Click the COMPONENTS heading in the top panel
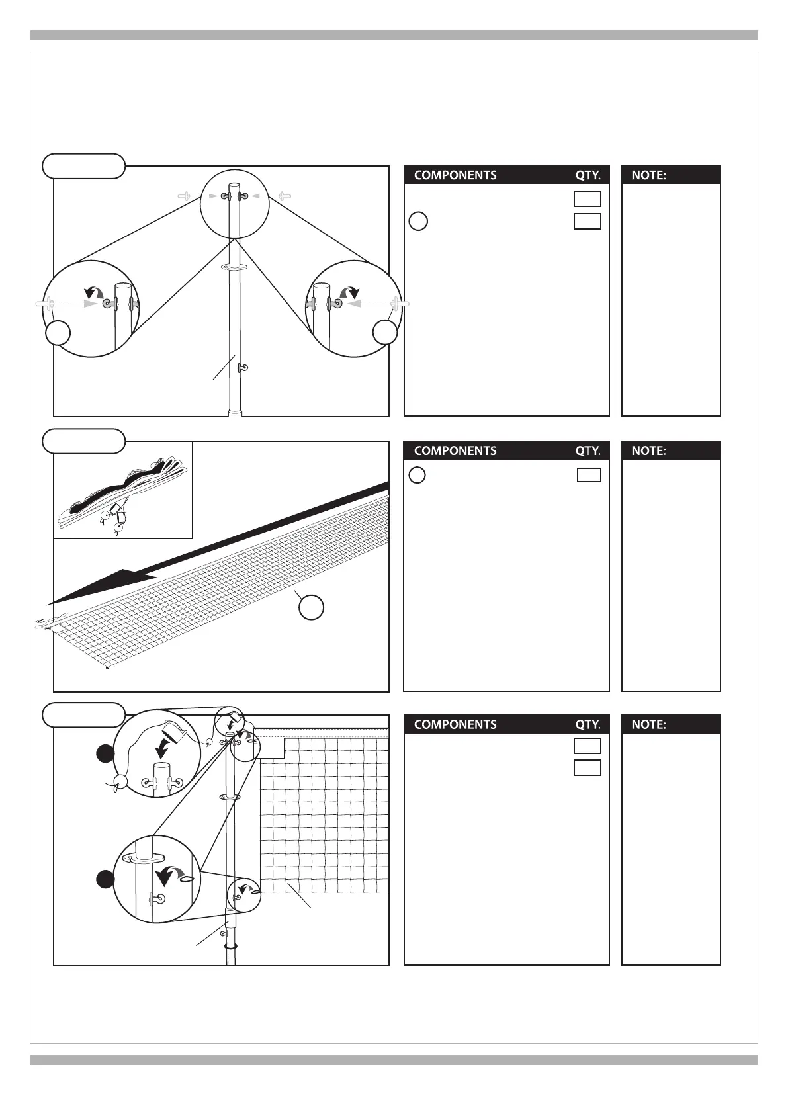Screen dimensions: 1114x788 (x=455, y=175)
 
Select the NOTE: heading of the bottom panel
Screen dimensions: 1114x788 (x=648, y=724)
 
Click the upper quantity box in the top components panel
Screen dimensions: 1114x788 (x=588, y=199)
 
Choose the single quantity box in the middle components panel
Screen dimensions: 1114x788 (x=589, y=475)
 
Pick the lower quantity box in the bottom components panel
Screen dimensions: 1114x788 (x=588, y=768)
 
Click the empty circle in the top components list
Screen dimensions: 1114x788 (x=418, y=221)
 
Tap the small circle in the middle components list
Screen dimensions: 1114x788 (x=417, y=475)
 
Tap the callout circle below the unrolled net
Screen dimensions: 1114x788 (x=311, y=607)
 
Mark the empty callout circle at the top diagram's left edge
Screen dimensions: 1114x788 (x=58, y=333)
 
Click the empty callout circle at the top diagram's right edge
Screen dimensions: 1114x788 (x=385, y=332)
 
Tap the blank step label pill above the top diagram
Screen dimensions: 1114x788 (x=83, y=166)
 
